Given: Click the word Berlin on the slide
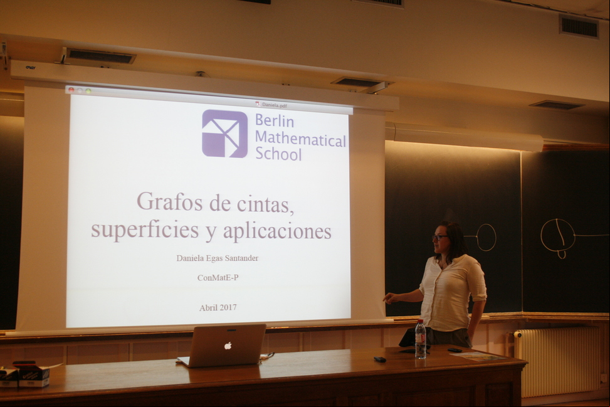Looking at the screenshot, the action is tap(274, 120).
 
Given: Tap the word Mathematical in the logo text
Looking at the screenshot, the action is tap(300, 139).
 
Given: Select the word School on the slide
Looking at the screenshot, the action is tap(278, 154).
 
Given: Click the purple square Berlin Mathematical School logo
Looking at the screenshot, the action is tap(224, 134).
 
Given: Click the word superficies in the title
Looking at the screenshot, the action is tap(145, 230).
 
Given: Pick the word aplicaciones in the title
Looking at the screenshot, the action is tap(277, 232).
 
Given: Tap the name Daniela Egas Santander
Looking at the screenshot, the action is tap(218, 258).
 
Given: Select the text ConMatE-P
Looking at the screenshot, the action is tap(218, 278).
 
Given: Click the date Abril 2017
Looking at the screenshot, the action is tap(218, 307).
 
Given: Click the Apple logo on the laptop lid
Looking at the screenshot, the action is tap(228, 345).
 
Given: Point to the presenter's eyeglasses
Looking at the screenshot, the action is tap(440, 237).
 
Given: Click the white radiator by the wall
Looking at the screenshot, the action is tap(557, 360).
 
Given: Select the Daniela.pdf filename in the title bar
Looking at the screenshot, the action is tap(274, 104).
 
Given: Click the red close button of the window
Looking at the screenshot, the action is tap(71, 90).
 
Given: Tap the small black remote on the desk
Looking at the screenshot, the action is tap(380, 359).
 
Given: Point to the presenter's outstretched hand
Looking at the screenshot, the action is tap(391, 298).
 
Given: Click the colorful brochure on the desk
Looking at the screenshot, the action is tap(478, 356).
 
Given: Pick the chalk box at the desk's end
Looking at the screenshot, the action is tap(33, 375).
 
